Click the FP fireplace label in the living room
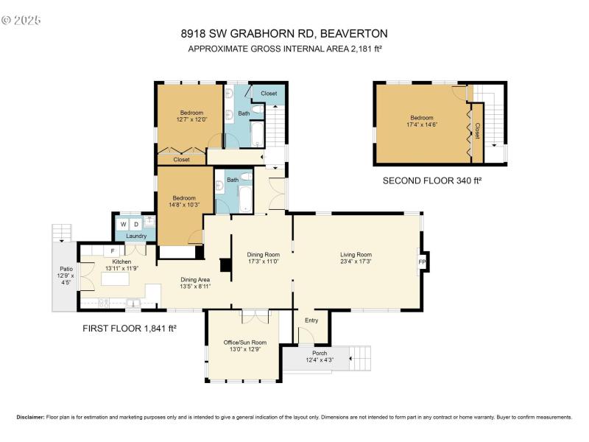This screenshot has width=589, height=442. [x=422, y=262]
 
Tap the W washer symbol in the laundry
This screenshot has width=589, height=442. [x=124, y=224]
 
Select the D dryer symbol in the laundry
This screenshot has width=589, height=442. [x=136, y=224]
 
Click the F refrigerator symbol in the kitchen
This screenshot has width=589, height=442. [x=113, y=251]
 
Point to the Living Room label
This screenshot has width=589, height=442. [x=356, y=258]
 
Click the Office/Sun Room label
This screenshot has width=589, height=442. [x=244, y=346]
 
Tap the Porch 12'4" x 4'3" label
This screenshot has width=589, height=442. [x=320, y=356]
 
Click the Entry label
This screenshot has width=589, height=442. [x=311, y=320]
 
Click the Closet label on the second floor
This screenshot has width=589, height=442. [x=477, y=130]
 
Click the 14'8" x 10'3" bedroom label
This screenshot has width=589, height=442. [x=184, y=201]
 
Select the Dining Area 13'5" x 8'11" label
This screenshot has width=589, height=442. [x=196, y=282]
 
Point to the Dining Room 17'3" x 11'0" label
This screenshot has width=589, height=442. [x=263, y=258]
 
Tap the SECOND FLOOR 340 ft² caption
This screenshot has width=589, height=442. [x=431, y=180]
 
